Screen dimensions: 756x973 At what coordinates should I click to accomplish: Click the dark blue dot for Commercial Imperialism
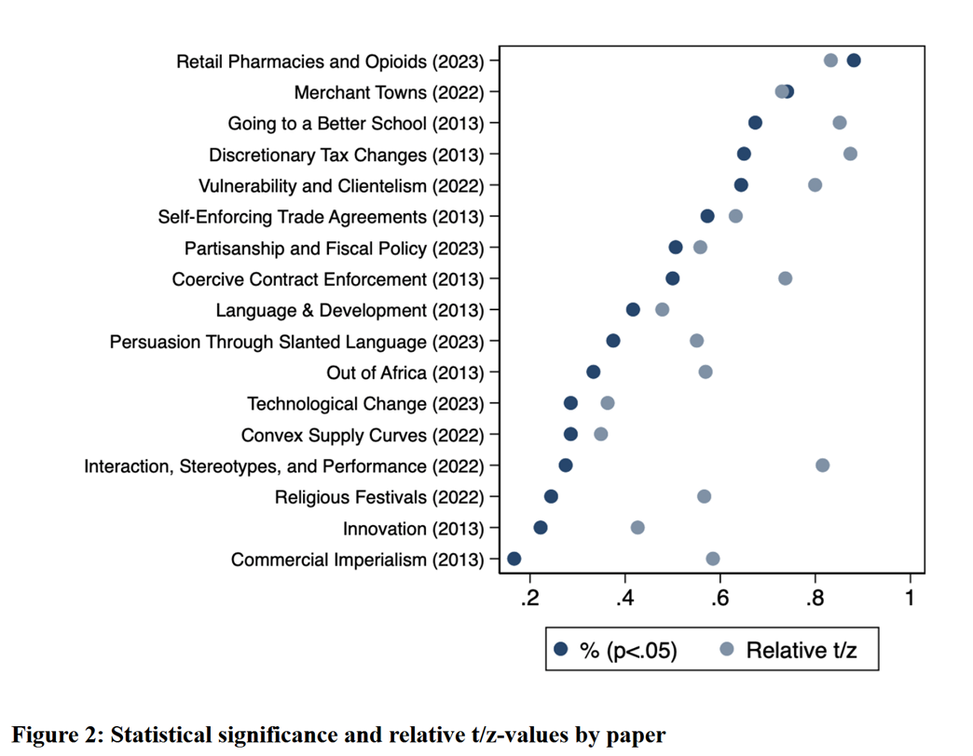point(514,559)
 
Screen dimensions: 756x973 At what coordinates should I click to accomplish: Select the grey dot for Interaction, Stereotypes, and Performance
point(822,466)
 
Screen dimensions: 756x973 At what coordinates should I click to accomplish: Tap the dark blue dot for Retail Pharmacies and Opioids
point(854,61)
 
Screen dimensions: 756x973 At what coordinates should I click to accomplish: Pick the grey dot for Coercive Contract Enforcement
point(786,278)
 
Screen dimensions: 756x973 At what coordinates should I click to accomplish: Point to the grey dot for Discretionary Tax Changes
point(850,154)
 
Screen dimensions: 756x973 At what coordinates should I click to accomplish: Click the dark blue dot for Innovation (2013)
point(541,528)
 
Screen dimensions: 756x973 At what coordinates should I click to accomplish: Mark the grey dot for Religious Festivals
point(705,496)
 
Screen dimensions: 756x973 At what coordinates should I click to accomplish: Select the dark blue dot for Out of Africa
point(594,372)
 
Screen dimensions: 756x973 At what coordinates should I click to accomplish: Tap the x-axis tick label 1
point(910,596)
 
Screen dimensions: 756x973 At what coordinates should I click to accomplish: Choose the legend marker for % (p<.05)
point(561,649)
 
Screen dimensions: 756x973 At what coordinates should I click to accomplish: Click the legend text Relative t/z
point(801,650)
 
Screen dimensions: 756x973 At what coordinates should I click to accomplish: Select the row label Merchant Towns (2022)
point(389,92)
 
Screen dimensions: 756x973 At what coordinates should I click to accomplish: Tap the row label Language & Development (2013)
point(349,310)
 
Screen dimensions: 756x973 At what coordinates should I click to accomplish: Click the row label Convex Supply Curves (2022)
point(363,435)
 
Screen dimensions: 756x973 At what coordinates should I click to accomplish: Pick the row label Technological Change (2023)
point(365,404)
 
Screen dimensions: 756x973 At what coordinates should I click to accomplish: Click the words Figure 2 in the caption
point(55,735)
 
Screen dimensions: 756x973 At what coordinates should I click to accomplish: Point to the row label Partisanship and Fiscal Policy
point(334,248)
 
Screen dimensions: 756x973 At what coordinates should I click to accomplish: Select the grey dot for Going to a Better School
point(840,123)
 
